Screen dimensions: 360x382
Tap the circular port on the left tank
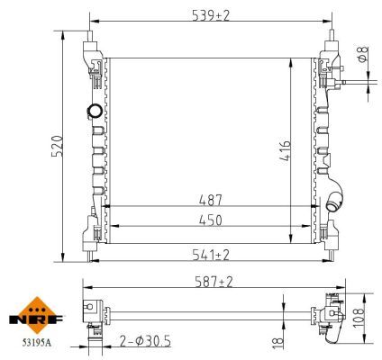pyautogui.click(x=94, y=112)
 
